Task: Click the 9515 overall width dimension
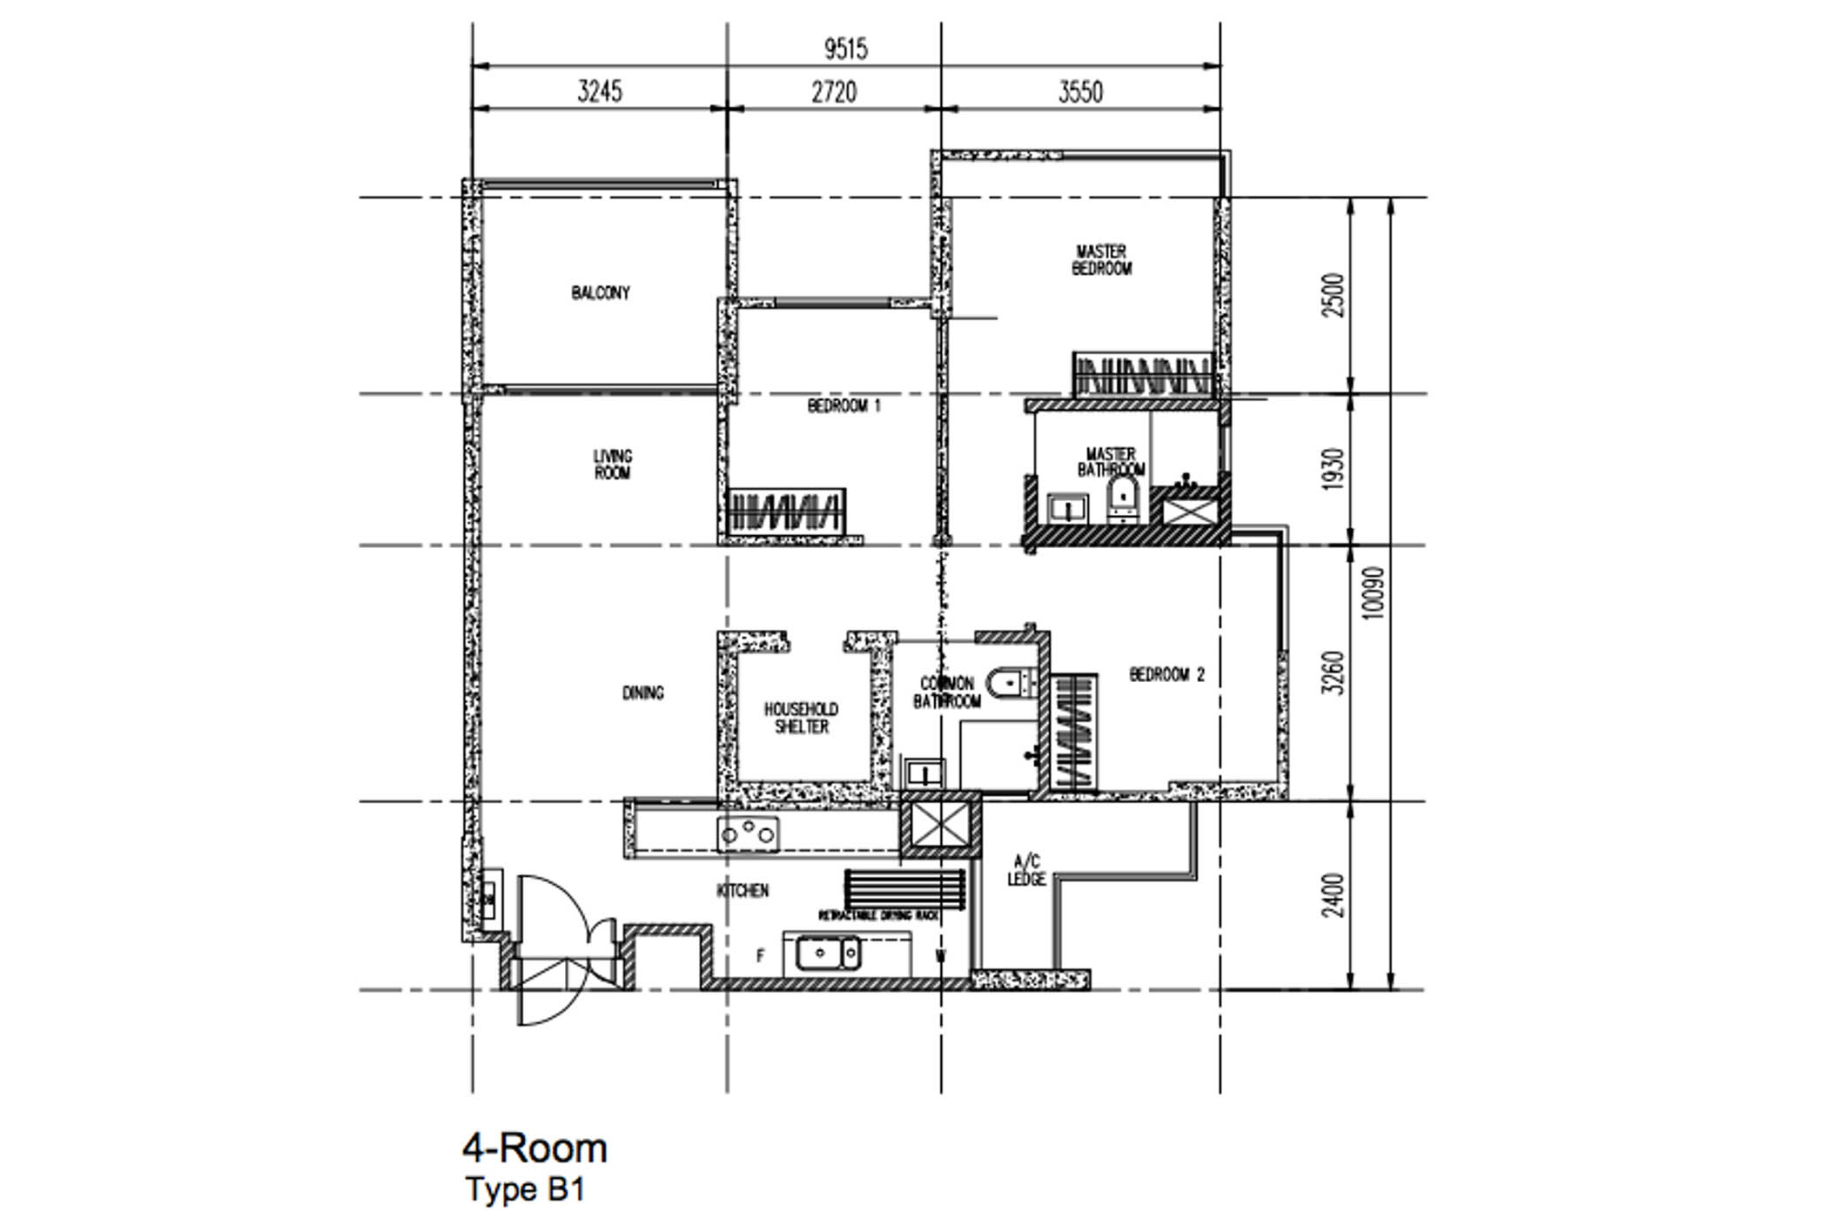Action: (x=845, y=49)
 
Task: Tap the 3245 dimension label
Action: (x=600, y=91)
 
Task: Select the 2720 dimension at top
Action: (x=834, y=91)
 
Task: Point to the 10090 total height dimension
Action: (x=1373, y=593)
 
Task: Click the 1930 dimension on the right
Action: (x=1333, y=470)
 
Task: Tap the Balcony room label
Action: (x=600, y=292)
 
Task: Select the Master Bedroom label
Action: (x=1101, y=260)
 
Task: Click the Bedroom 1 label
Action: (x=843, y=405)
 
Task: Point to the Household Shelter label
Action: (x=801, y=718)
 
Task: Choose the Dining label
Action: (x=642, y=693)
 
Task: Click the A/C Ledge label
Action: (x=1026, y=870)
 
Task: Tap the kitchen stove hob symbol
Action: (x=748, y=834)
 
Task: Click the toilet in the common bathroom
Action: (x=1010, y=682)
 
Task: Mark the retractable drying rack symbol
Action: (x=904, y=888)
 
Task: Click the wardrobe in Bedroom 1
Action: (x=786, y=510)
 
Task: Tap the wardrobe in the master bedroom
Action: (x=1142, y=376)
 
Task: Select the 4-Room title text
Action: (x=534, y=1148)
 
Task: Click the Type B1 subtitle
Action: (x=525, y=1189)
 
